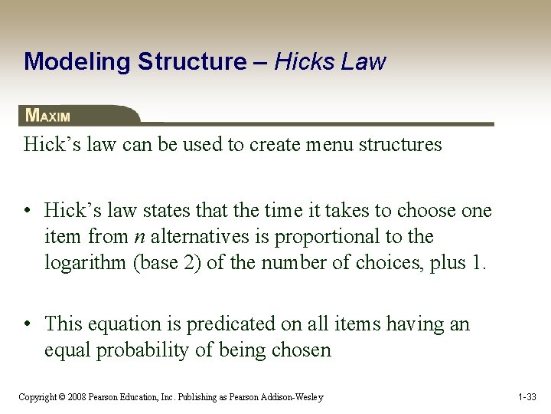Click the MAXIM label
point(47,116)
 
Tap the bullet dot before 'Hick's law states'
point(28,210)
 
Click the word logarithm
point(86,262)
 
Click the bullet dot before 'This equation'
point(28,324)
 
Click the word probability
point(145,350)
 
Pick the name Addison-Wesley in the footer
point(292,397)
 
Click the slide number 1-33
point(527,397)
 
